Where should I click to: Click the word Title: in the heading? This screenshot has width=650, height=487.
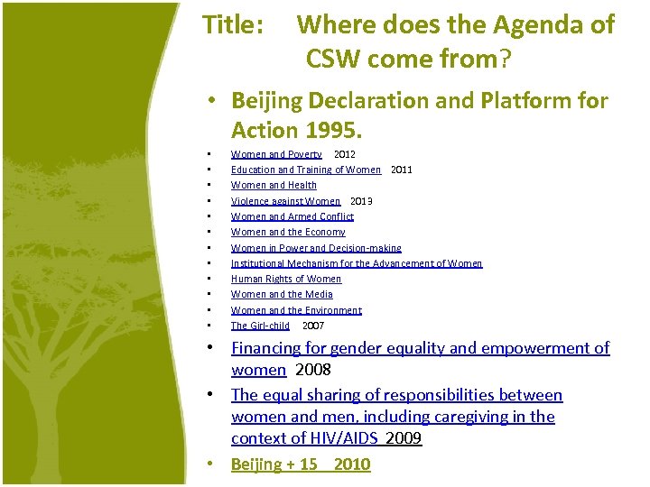234,25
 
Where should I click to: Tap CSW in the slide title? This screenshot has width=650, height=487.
339,60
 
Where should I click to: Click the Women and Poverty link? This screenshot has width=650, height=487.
276,154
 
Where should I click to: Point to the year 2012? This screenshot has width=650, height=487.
344,154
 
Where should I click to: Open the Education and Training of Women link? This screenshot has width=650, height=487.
306,170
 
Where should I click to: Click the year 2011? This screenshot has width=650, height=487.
401,170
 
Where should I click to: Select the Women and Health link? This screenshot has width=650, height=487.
274,185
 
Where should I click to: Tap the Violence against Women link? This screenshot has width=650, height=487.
285,201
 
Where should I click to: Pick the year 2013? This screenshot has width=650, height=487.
361,201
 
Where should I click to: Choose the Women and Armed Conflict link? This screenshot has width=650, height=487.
292,216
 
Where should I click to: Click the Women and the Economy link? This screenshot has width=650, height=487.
288,232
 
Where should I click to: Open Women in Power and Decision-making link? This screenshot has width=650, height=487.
316,248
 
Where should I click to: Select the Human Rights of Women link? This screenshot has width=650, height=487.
286,279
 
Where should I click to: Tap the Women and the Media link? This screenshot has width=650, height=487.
282,294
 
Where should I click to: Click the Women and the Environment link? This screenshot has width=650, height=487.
296,310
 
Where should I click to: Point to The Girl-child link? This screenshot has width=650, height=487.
260,326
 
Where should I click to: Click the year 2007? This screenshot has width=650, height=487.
313,326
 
